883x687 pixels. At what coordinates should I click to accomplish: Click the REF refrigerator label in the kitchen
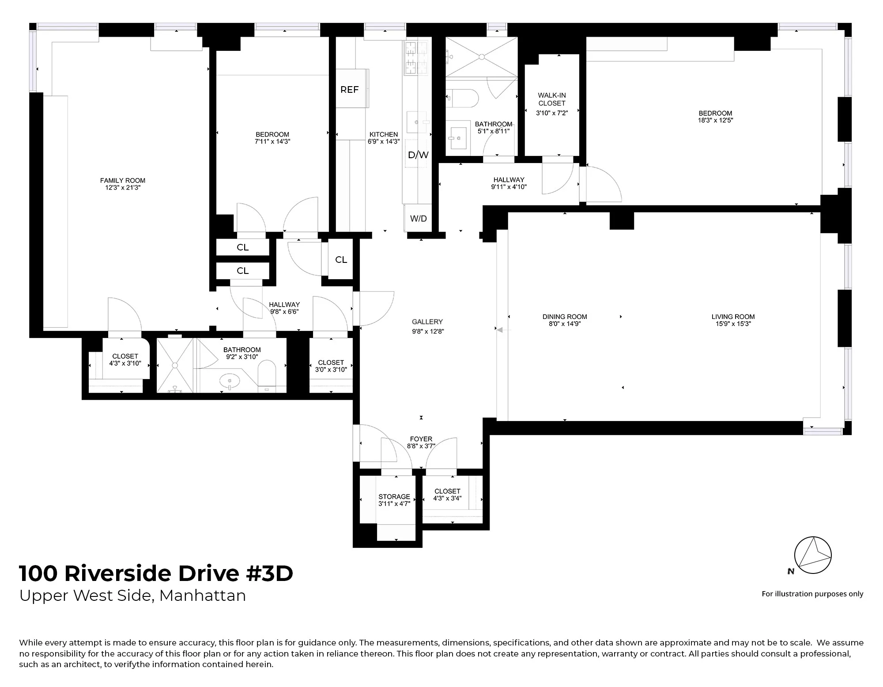(x=349, y=90)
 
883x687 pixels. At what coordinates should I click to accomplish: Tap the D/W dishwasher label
(x=418, y=155)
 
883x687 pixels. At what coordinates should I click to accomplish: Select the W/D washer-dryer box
(x=418, y=218)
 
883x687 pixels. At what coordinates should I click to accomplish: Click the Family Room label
(x=122, y=181)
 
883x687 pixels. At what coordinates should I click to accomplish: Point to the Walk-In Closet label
(x=551, y=99)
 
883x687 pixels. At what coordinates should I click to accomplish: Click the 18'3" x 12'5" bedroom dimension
(x=715, y=121)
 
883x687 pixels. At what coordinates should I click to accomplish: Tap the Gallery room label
(x=427, y=322)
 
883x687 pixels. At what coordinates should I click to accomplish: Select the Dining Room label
(x=565, y=317)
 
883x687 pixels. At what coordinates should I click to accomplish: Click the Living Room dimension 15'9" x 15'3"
(x=733, y=324)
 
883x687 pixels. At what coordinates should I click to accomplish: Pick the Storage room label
(x=394, y=497)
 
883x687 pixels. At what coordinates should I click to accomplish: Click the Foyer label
(x=421, y=439)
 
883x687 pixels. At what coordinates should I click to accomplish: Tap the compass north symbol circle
(x=813, y=555)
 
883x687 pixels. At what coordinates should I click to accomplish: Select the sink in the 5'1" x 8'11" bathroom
(x=458, y=137)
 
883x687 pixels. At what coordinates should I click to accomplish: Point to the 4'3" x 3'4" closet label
(x=447, y=495)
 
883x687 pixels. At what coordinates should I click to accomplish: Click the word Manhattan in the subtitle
(x=202, y=596)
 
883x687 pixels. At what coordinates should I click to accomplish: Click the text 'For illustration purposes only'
(x=812, y=594)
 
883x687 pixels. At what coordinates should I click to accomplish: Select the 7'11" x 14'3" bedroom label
(x=272, y=138)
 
